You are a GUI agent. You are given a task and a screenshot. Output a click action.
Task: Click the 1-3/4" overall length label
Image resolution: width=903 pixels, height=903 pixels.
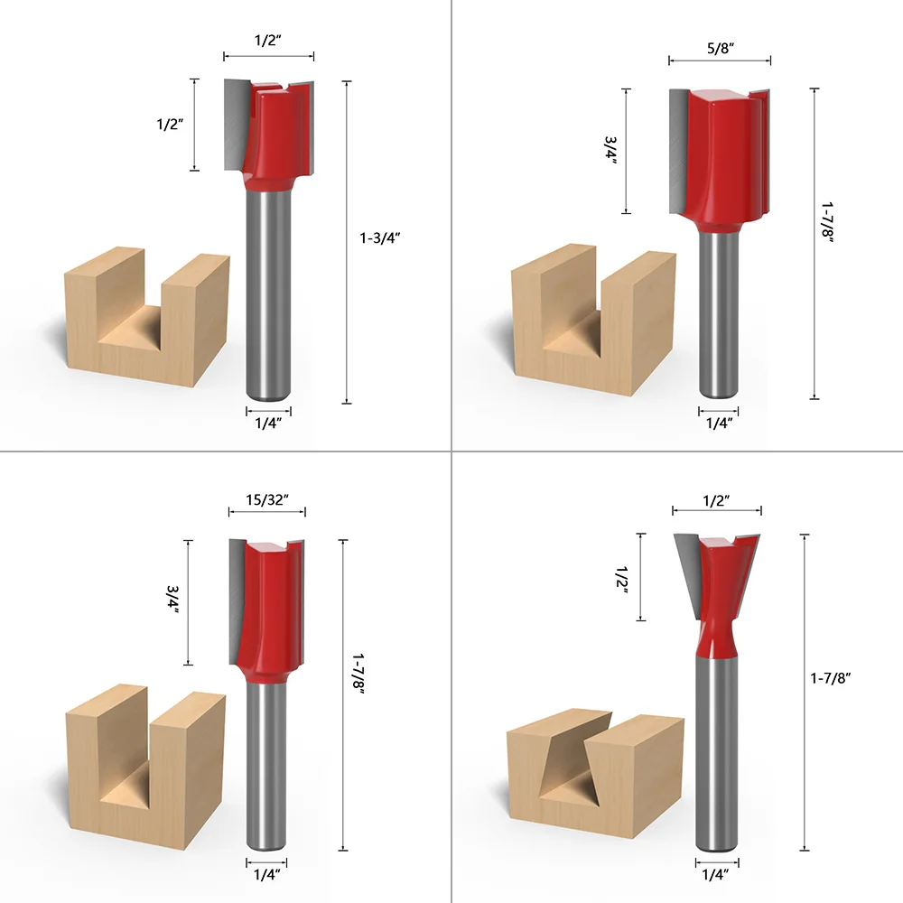[379, 237]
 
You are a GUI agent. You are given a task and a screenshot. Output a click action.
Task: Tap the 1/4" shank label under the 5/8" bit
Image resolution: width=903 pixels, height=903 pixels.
[720, 422]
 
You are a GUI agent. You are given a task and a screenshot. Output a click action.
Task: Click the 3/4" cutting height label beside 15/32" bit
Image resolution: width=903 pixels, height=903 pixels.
[172, 600]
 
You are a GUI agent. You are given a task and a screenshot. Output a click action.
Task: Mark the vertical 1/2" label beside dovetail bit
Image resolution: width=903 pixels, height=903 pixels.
[622, 576]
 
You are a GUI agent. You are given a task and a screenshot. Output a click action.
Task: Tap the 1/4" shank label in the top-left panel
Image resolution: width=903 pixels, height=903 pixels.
[268, 422]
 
